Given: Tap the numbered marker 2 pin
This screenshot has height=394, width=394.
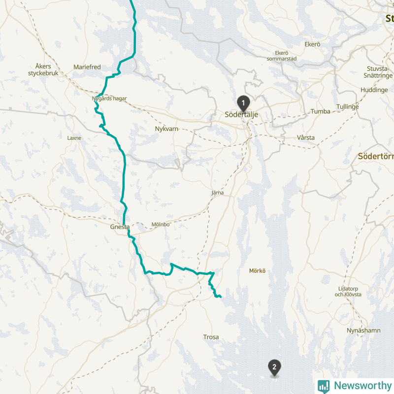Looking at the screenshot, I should coord(274,367).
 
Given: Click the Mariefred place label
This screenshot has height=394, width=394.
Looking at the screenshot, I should coord(87,66).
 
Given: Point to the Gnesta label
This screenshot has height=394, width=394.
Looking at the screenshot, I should coord(120,228).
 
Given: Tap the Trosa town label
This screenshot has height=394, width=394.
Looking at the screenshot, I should coord(211,337).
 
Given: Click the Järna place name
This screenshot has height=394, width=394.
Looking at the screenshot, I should coord(217,193).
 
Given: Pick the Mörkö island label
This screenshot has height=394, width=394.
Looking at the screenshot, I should coord(257,271).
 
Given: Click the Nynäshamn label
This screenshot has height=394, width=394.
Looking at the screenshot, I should coord(363,330).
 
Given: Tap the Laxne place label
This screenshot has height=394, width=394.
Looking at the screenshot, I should coord(74,138).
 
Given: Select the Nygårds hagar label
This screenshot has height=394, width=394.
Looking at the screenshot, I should coord(109,98).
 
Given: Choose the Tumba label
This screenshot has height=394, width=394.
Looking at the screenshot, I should coord(320,111).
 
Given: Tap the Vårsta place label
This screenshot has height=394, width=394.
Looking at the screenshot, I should coord(306,137).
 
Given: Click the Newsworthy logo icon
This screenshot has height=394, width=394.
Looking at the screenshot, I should coord(324,386).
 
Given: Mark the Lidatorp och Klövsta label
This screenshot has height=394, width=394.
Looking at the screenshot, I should coord(348,291).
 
